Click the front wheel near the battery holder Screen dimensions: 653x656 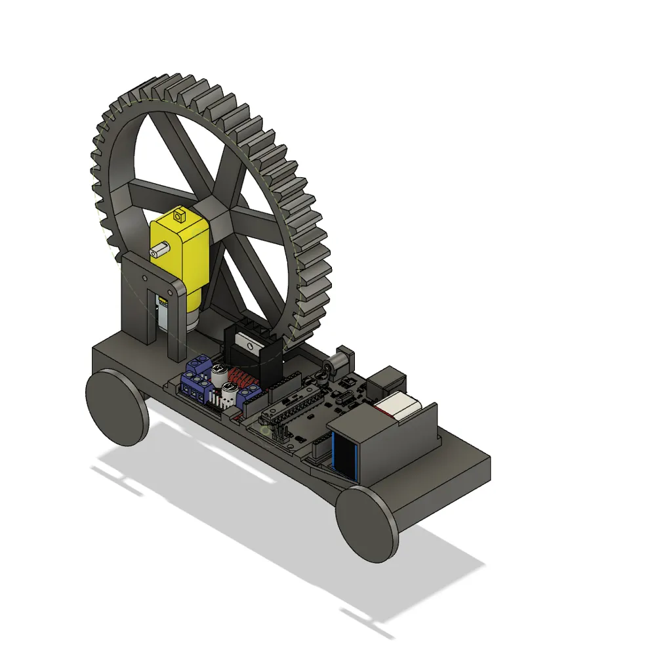click(x=367, y=523)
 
